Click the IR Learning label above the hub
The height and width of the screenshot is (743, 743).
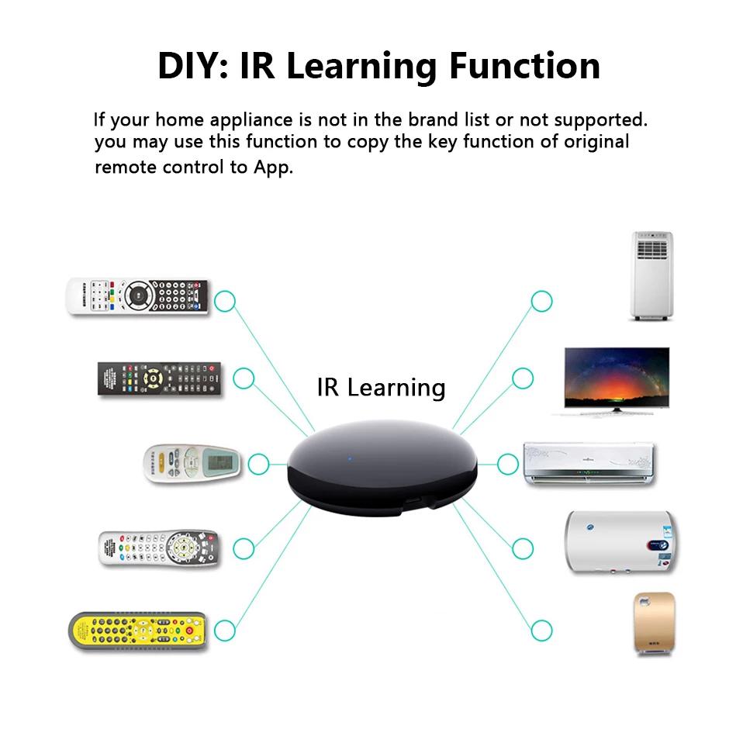pyautogui.click(x=381, y=387)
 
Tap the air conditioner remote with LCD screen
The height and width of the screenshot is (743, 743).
pyautogui.click(x=192, y=464)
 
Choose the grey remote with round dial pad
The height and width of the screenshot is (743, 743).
pyautogui.click(x=159, y=548)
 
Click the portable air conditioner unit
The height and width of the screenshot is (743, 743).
pyautogui.click(x=651, y=275)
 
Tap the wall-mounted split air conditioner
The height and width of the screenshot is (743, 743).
pyautogui.click(x=589, y=464)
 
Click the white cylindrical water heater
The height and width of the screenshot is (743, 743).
pyautogui.click(x=620, y=542)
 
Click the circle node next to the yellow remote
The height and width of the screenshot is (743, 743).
pyautogui.click(x=224, y=630)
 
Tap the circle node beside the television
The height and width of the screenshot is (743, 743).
pyautogui.click(x=522, y=378)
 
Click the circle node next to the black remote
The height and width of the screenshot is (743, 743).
pyautogui.click(x=244, y=378)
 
